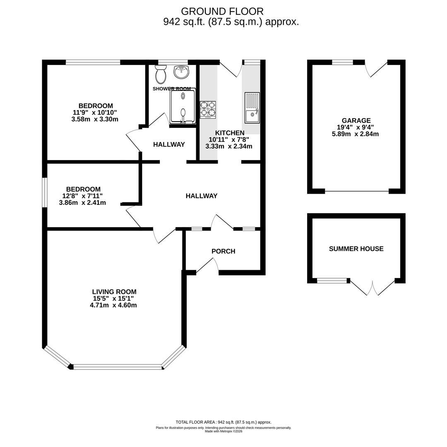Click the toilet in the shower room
point(161,74)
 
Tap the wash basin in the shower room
point(181,72)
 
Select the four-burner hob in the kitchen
point(208,109)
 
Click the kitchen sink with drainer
point(252,108)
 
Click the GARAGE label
point(356,121)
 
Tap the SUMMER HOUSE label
point(356,249)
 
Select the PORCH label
point(223,251)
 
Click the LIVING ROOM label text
point(114,292)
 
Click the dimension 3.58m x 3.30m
point(95,119)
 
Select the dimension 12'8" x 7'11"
point(83,196)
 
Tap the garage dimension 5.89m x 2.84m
point(355,134)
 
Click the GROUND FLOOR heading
point(222,12)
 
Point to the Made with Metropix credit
point(223,431)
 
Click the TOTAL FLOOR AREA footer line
point(223,422)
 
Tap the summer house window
point(332,281)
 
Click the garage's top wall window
point(342,62)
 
